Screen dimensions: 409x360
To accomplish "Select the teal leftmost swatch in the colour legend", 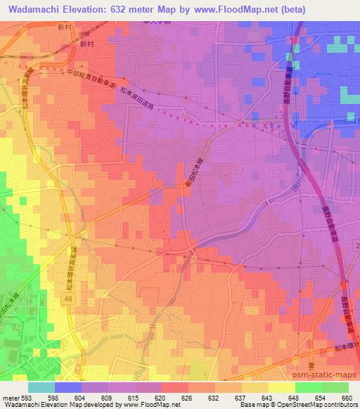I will (x=41, y=387).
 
